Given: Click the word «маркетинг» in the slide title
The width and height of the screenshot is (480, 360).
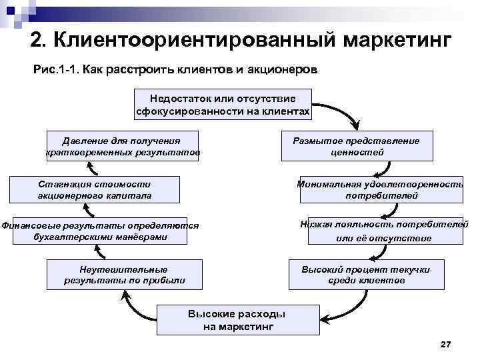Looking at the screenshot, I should pos(397,41).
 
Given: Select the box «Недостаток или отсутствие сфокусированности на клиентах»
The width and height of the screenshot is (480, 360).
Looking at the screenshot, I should pos(223,104).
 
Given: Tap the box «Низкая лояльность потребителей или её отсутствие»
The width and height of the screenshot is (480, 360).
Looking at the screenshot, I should pos(383,231).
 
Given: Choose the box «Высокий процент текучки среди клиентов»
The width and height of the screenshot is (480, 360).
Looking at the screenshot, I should pos(365,275).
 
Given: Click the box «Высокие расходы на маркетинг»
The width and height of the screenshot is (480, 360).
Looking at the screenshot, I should pos(237,320).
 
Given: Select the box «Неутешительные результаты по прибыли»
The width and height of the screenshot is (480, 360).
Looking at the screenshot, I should pos(124,275).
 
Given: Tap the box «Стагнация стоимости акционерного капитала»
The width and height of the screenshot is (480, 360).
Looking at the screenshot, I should pos(95,190).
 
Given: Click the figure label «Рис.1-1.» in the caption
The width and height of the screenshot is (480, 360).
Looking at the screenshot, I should pos(55,70).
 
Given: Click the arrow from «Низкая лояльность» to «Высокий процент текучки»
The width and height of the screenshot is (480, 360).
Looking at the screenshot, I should pos(380,252).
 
